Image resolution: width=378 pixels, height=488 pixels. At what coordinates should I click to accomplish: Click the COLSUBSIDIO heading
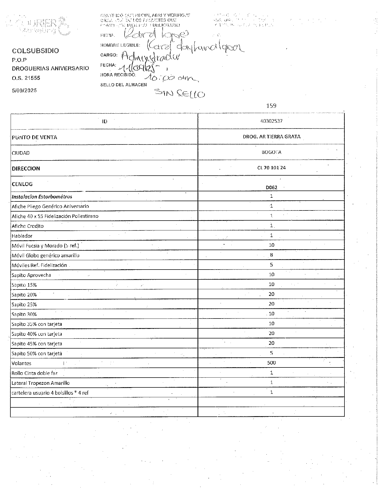click(35, 51)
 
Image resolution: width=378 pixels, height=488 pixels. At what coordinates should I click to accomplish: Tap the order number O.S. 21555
click(26, 78)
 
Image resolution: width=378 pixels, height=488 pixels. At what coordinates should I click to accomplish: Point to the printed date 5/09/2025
click(24, 90)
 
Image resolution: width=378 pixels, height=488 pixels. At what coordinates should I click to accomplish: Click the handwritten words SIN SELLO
click(180, 94)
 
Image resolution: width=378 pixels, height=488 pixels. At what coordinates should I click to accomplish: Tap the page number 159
click(271, 106)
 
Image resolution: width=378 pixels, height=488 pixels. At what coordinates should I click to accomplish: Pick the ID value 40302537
click(271, 121)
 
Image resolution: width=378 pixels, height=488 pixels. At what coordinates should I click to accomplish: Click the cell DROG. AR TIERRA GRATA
click(271, 137)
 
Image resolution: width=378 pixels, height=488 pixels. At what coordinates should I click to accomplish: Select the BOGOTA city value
click(271, 152)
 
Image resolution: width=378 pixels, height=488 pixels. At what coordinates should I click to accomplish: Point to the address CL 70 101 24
click(271, 168)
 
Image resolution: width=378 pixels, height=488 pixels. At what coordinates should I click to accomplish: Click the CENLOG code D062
click(271, 187)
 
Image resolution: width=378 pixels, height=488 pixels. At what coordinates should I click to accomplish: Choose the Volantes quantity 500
click(271, 363)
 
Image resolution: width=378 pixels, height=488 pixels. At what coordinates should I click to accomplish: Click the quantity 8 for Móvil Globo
click(271, 255)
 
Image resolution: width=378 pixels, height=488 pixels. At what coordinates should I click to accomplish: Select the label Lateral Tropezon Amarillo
click(40, 383)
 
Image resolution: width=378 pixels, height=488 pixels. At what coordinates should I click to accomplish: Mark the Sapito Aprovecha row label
click(31, 275)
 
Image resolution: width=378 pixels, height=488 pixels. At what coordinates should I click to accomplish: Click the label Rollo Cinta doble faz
click(35, 373)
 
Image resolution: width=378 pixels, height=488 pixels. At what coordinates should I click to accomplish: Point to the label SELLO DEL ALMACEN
click(123, 85)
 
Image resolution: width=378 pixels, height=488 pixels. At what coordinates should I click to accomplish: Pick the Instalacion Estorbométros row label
click(42, 197)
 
